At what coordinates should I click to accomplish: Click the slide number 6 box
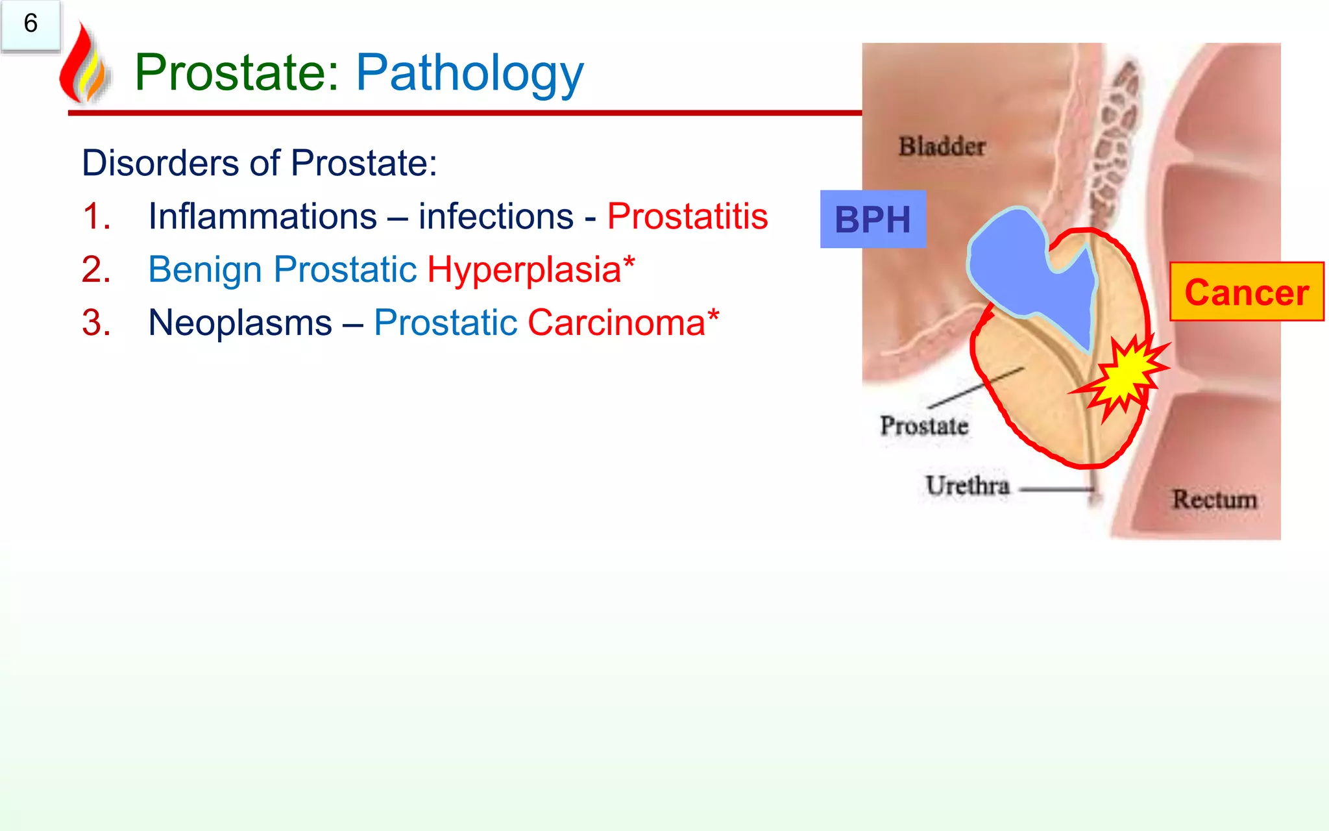[x=30, y=25]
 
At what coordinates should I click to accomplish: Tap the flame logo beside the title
[x=83, y=65]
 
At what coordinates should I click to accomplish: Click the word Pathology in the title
[x=470, y=73]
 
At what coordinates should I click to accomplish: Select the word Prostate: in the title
[x=237, y=73]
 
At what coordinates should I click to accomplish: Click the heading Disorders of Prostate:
[x=260, y=163]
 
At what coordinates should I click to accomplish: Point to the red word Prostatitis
[x=687, y=216]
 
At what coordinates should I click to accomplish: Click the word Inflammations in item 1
[x=262, y=216]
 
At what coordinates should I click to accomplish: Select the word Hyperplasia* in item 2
[x=531, y=269]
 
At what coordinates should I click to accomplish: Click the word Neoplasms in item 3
[x=240, y=323]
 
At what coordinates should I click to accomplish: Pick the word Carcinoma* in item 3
[x=623, y=323]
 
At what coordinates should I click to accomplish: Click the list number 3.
[x=96, y=323]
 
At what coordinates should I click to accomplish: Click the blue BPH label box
[x=873, y=219]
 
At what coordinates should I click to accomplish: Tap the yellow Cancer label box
[x=1246, y=292]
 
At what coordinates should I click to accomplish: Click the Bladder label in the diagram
[x=942, y=147]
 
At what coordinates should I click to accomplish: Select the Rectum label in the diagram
[x=1214, y=499]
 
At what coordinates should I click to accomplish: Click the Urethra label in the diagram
[x=968, y=486]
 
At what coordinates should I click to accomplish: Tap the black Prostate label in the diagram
[x=924, y=426]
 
